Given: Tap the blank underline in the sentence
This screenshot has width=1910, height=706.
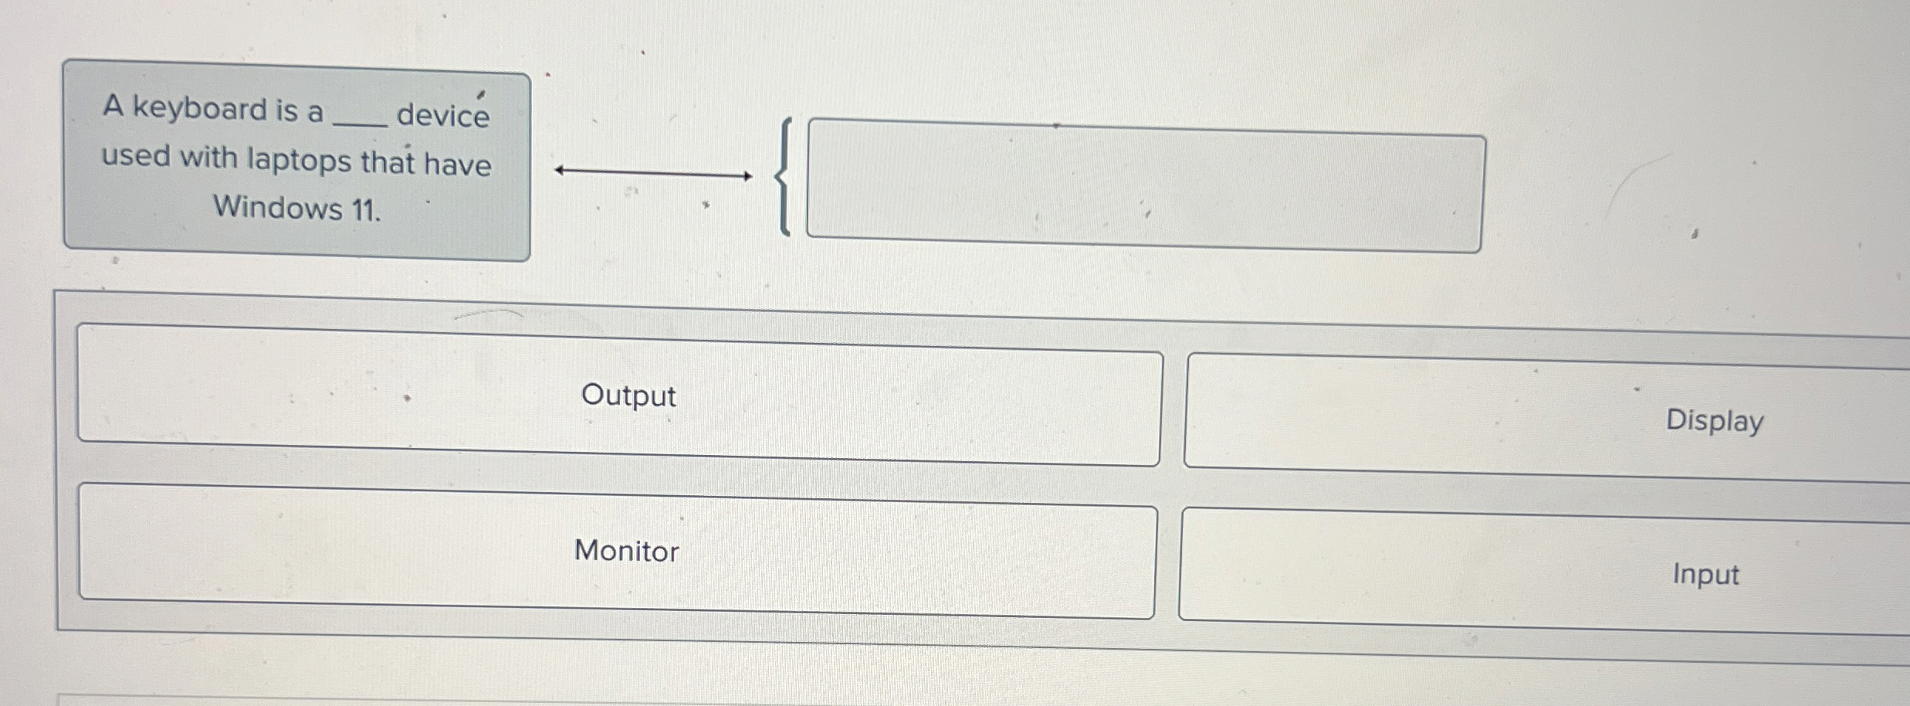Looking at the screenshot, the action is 359,124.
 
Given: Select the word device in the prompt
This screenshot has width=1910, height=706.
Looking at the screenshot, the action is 443,116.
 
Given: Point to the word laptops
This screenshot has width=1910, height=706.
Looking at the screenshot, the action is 300,161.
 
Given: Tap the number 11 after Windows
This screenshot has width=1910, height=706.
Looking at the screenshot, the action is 366,210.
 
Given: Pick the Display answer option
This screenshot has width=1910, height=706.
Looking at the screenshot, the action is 1547,418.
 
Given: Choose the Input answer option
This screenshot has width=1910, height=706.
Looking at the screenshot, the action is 1544,571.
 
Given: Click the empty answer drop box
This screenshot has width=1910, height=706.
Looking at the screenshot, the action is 1145,186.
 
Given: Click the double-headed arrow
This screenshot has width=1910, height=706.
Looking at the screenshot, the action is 653,173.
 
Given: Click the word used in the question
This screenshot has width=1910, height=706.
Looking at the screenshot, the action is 136,156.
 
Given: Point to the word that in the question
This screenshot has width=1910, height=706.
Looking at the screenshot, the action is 388,162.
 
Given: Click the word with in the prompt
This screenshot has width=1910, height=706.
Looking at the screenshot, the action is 208,157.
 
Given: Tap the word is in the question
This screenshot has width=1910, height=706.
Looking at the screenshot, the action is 286,111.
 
